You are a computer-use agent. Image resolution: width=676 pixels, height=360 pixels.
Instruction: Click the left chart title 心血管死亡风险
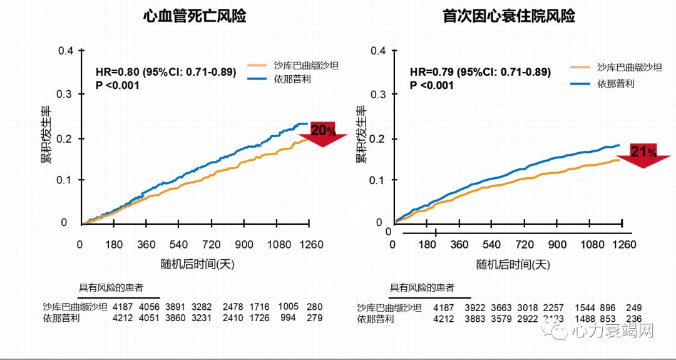click(x=194, y=17)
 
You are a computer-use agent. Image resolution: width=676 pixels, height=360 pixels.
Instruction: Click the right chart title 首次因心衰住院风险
click(x=509, y=17)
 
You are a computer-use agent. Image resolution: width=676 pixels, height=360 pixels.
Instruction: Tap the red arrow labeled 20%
click(x=323, y=133)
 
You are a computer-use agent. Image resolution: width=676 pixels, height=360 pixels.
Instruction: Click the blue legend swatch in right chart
click(x=580, y=83)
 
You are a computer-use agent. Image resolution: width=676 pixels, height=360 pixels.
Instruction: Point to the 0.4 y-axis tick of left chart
click(x=66, y=51)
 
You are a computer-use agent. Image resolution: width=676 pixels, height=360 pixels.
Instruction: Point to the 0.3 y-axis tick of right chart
click(x=377, y=95)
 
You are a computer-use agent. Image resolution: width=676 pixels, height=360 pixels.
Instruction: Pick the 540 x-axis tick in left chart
click(x=178, y=244)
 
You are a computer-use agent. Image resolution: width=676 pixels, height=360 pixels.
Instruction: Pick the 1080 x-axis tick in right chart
click(x=589, y=244)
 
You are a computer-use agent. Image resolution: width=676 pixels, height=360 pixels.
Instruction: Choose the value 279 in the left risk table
click(x=315, y=318)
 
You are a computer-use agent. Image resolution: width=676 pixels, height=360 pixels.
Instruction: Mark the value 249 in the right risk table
click(x=633, y=307)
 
